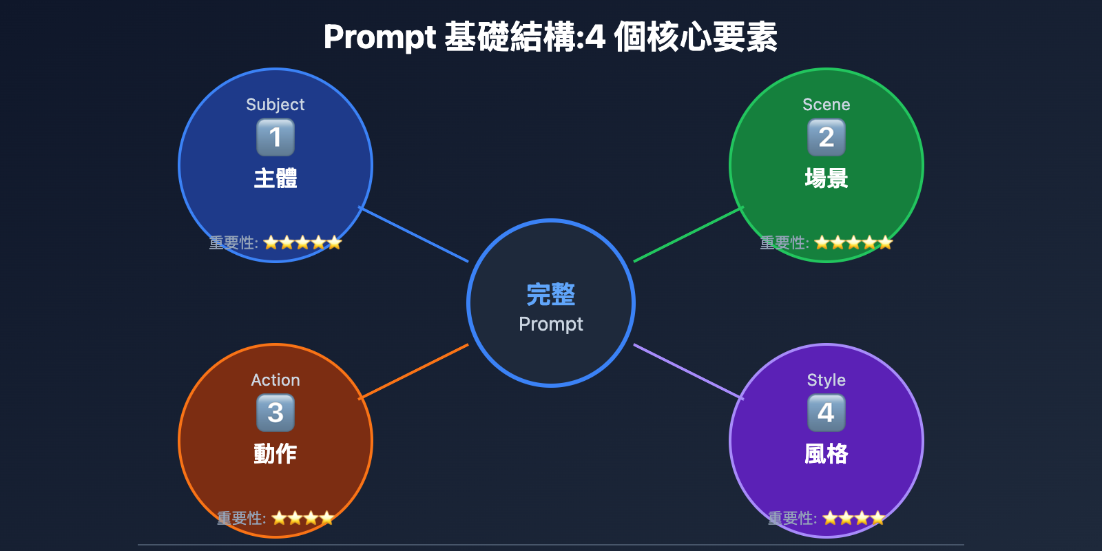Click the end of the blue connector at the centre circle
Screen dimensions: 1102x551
[x=468, y=261]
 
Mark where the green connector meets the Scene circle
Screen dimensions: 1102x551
[x=743, y=207]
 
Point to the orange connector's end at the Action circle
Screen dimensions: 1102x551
[x=359, y=399]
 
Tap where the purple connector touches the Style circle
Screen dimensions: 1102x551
[x=743, y=399]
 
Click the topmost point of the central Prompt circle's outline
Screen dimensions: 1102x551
[x=551, y=220]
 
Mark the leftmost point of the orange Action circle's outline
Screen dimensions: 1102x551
[x=178, y=441]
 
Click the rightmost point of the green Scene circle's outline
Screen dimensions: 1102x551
[x=924, y=165]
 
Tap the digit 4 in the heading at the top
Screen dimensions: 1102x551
[x=595, y=38]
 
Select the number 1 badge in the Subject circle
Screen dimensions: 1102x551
[x=275, y=137]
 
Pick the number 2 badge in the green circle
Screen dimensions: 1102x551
[x=826, y=137]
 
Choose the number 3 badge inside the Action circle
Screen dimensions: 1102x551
[x=275, y=413]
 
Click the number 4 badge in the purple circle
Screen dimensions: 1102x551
[x=826, y=413]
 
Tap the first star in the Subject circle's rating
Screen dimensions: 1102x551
[x=271, y=242]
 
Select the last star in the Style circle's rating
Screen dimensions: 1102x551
[x=877, y=518]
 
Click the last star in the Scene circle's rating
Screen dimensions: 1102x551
[x=885, y=242]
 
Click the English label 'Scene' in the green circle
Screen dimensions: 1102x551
[x=826, y=104]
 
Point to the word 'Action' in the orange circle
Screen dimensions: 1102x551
[x=275, y=380]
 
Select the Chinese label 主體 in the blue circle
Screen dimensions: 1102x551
[x=275, y=178]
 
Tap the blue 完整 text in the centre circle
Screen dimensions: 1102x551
[x=551, y=295]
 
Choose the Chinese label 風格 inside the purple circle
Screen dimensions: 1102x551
[x=826, y=454]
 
